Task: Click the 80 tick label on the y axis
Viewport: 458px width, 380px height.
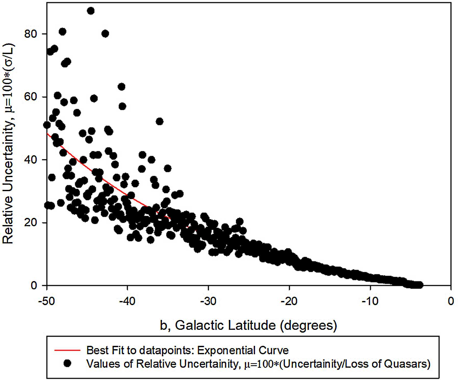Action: click(x=31, y=34)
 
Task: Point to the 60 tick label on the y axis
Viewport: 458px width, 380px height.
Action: click(x=31, y=97)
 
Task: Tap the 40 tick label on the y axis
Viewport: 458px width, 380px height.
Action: click(x=31, y=160)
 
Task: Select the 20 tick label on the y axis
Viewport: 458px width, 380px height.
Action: click(x=31, y=222)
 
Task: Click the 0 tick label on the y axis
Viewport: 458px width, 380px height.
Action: click(x=34, y=285)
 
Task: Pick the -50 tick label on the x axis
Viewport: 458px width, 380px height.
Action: click(x=47, y=301)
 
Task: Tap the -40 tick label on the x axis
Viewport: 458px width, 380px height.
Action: click(x=128, y=301)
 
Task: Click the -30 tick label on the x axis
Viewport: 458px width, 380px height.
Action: click(x=208, y=301)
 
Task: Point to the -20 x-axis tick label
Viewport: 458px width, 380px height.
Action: click(x=289, y=301)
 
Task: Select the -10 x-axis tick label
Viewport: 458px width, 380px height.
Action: click(x=370, y=301)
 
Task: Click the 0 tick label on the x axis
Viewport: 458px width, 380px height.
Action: click(x=451, y=301)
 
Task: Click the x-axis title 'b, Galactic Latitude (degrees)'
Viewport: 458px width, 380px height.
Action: click(x=248, y=325)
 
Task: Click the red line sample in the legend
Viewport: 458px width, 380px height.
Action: click(x=67, y=350)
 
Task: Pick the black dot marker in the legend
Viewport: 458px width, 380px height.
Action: click(x=67, y=363)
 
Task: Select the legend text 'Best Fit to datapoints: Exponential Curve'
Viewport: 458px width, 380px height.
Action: click(x=187, y=350)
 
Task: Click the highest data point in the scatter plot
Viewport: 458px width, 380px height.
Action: click(x=91, y=11)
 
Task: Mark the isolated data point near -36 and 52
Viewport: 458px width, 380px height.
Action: click(x=159, y=122)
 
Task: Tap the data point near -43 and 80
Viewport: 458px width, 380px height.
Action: click(x=105, y=34)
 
